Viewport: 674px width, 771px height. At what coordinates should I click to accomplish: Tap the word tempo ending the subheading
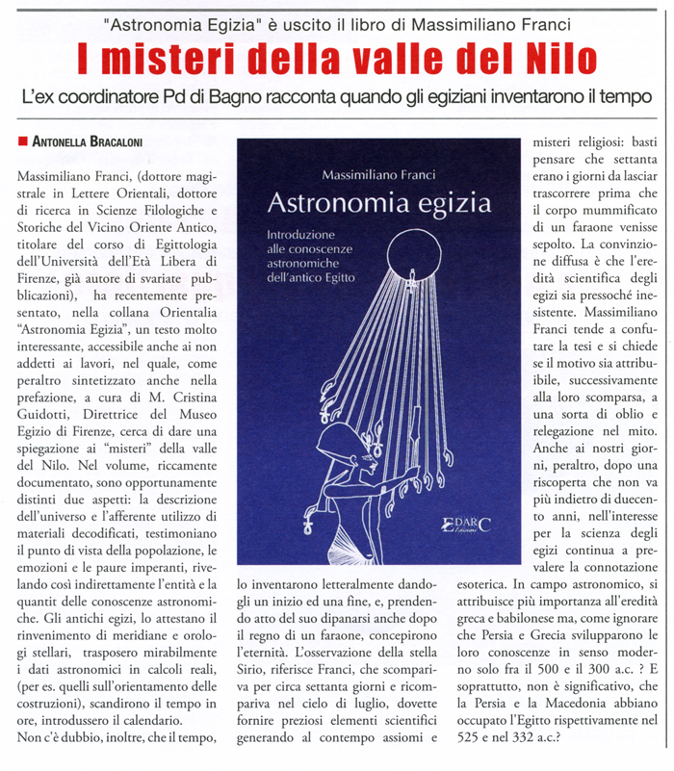[x=636, y=96]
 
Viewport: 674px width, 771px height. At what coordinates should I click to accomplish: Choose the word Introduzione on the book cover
[x=300, y=235]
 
